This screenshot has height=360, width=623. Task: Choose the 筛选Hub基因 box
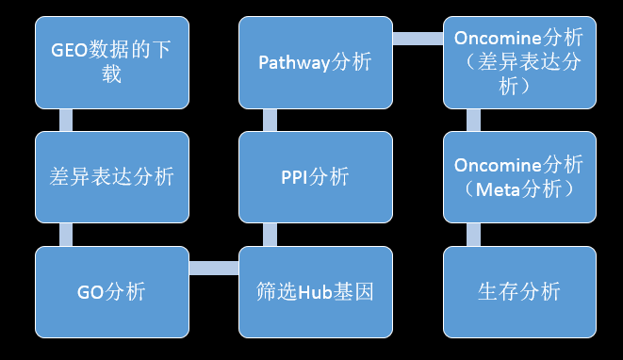pos(315,291)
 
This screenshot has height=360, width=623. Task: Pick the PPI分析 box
pos(315,176)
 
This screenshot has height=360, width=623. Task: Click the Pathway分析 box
pos(315,62)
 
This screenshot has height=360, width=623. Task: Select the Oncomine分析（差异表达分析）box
pos(518,62)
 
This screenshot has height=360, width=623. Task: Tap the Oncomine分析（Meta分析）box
pos(518,176)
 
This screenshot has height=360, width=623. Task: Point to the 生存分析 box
pos(518,291)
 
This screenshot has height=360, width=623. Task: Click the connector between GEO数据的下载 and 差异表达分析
pos(66,120)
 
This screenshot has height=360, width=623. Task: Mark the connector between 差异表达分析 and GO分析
pos(66,234)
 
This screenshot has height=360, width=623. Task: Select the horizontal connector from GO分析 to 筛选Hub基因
pos(213,268)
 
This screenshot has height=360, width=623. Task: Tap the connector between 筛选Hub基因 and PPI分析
pos(270,234)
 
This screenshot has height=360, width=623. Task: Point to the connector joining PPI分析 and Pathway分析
pos(270,120)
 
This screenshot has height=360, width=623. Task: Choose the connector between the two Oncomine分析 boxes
pos(473,120)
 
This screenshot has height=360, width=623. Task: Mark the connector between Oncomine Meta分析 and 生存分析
pos(473,234)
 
